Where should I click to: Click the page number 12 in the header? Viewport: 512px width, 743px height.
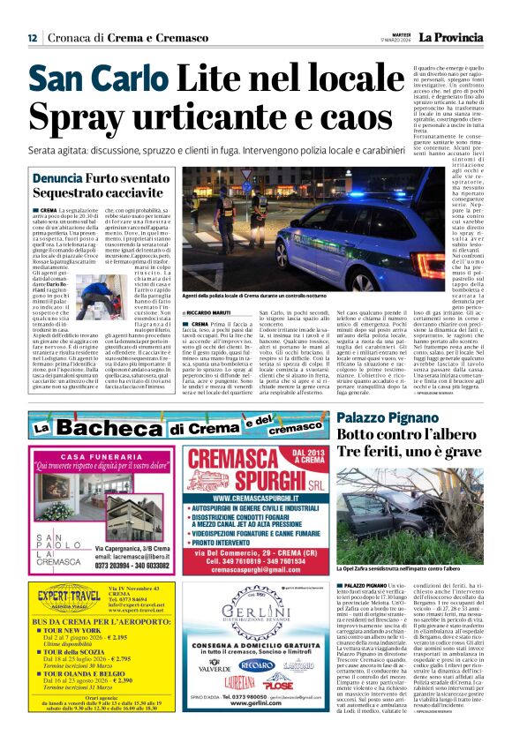32,38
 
